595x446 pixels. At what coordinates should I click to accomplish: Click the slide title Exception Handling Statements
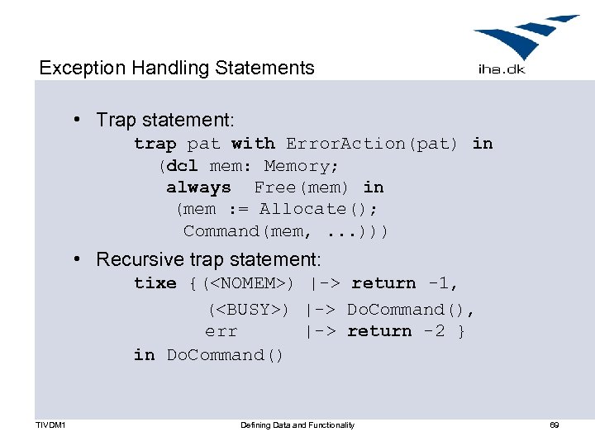click(177, 68)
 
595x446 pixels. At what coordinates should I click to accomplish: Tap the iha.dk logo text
click(502, 69)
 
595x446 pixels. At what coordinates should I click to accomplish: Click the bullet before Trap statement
click(77, 121)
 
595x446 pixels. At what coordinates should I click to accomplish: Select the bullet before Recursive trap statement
click(77, 259)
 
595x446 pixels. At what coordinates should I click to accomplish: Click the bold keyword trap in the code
click(155, 144)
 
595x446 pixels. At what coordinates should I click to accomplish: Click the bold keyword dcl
click(182, 166)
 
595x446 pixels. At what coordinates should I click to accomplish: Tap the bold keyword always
click(198, 187)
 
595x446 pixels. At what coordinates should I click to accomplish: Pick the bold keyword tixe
click(155, 283)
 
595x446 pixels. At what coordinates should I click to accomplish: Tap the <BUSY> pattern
click(247, 310)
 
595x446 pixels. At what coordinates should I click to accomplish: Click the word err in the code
click(221, 331)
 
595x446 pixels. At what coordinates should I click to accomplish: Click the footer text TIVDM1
click(51, 425)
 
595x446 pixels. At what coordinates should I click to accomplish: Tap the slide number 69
click(555, 425)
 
